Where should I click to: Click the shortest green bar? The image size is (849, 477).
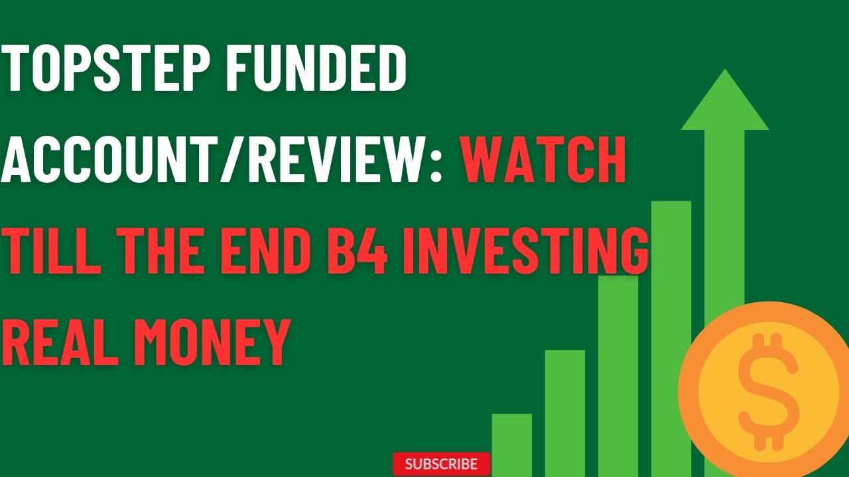point(511,444)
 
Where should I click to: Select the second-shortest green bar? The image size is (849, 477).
point(564,411)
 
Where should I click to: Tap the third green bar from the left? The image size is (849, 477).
point(618,371)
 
